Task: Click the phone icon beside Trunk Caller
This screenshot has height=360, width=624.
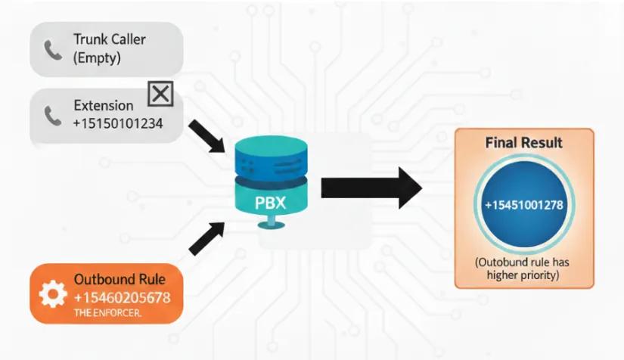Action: tap(53, 50)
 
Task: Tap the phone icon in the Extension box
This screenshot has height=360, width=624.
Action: tap(53, 116)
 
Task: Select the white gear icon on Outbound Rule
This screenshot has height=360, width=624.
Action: tap(53, 294)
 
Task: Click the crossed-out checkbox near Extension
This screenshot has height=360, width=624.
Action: tap(160, 94)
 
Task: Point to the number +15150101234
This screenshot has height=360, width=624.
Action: tap(118, 123)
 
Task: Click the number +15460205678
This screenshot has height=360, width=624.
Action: tap(123, 297)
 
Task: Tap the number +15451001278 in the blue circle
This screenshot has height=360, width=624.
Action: tap(524, 205)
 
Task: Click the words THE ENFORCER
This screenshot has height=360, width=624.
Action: tap(107, 313)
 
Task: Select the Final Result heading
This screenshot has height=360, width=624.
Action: tap(523, 142)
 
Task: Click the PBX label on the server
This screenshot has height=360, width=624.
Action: tap(270, 203)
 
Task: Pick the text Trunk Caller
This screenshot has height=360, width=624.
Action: tap(110, 39)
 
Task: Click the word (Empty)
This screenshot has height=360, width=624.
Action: tap(97, 58)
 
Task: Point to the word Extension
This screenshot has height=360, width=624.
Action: tap(104, 105)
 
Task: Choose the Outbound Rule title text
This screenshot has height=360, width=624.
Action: tap(120, 279)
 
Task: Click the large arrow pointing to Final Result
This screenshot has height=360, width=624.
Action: tap(371, 188)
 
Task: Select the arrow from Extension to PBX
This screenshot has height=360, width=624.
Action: tap(207, 136)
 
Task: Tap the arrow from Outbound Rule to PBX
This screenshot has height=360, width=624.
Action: tap(207, 238)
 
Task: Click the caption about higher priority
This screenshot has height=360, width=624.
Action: tap(523, 269)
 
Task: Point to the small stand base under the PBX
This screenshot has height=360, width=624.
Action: tap(271, 225)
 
